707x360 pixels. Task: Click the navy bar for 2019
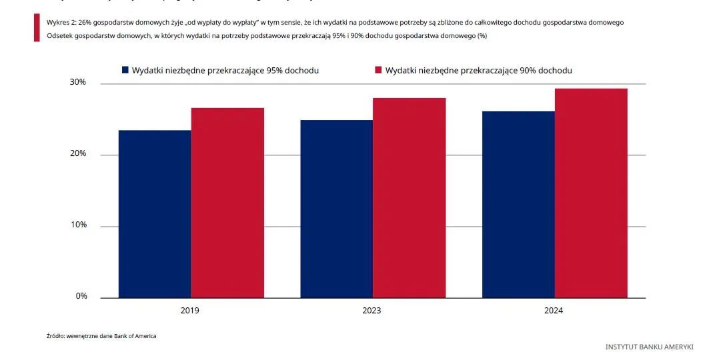155,213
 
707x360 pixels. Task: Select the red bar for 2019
227,203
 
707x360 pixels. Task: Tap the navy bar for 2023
336,209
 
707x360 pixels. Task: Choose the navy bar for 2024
518,204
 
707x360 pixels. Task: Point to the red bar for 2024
591,193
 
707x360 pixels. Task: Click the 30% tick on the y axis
79,83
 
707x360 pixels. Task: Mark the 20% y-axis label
79,154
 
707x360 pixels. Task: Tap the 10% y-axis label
79,225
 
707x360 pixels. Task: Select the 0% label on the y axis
81,297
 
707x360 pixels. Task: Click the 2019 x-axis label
189,311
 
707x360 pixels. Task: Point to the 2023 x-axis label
372,311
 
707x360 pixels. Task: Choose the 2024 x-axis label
554,311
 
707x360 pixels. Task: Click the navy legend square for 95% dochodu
124,70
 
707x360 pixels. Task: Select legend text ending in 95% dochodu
225,70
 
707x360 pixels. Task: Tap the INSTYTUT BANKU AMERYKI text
649,347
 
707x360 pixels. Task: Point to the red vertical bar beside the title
37,28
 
